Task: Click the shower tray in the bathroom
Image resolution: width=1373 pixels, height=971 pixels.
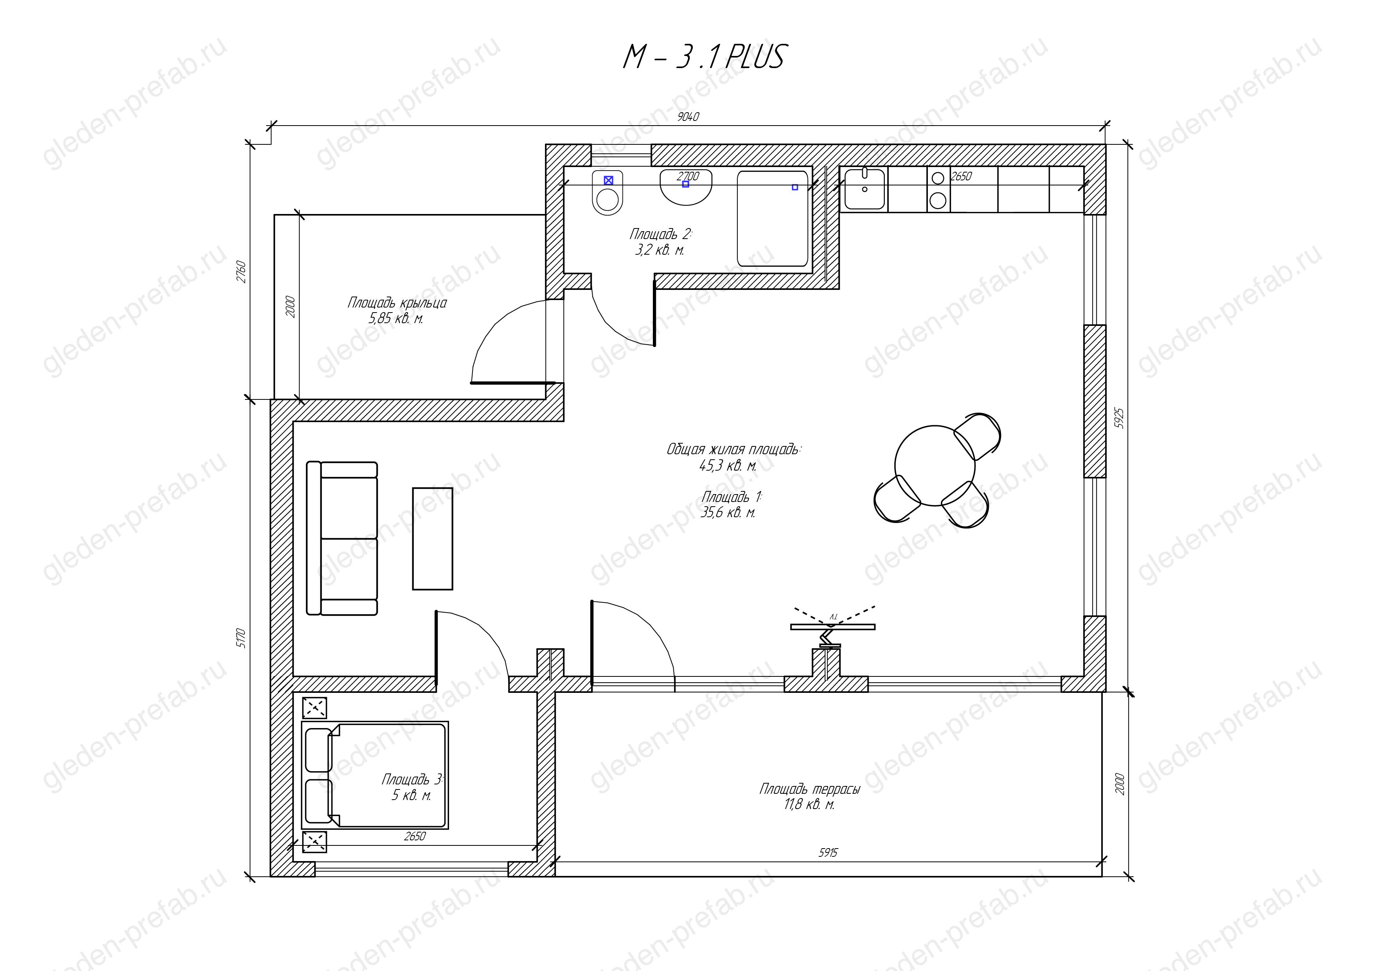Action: tap(773, 219)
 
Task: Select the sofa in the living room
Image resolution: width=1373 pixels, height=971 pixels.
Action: tap(342, 538)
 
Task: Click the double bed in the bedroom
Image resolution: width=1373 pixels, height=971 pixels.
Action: tap(375, 775)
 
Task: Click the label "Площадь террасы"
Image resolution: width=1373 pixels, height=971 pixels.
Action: tap(810, 789)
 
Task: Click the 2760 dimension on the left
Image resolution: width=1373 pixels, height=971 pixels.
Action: tap(241, 272)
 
